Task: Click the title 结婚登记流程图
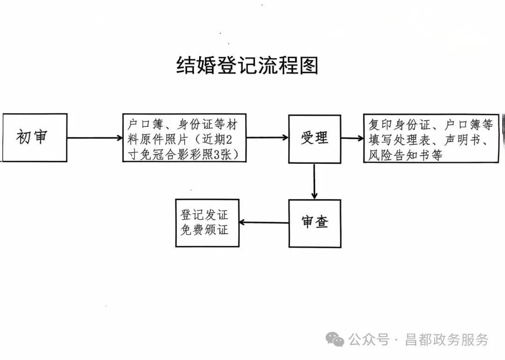pyautogui.click(x=247, y=65)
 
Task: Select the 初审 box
pyautogui.click(x=35, y=137)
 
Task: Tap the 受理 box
pyautogui.click(x=314, y=138)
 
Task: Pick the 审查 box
pyautogui.click(x=314, y=223)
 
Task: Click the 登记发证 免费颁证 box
pyautogui.click(x=207, y=223)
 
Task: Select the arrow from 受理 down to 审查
pyautogui.click(x=314, y=181)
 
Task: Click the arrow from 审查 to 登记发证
pyautogui.click(x=264, y=222)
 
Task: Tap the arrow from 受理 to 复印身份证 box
pyautogui.click(x=352, y=138)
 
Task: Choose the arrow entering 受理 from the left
pyautogui.click(x=267, y=138)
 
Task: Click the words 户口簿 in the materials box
pyautogui.click(x=143, y=125)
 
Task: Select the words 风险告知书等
pyautogui.click(x=405, y=155)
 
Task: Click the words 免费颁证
pyautogui.click(x=205, y=230)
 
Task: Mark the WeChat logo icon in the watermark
pyautogui.click(x=335, y=339)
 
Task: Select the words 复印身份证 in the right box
pyautogui.click(x=398, y=125)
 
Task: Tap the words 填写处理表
pyautogui.click(x=398, y=140)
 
